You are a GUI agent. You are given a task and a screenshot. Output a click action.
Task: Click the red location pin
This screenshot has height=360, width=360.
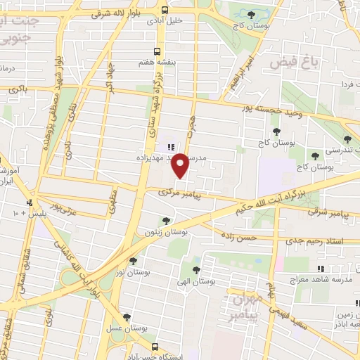tap(180, 165)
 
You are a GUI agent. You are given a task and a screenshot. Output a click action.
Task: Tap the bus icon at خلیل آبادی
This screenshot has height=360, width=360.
tap(164, 10)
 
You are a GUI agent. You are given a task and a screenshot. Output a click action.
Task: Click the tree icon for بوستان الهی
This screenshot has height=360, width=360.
tap(196, 269)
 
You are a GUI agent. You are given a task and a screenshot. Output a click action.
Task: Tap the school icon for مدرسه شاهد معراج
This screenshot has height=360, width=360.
tap(321, 269)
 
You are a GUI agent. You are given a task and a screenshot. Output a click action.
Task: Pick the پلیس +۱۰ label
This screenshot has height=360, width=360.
tap(27, 212)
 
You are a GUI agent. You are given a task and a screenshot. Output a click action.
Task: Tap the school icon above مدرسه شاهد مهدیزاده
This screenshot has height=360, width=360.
tap(171, 146)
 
